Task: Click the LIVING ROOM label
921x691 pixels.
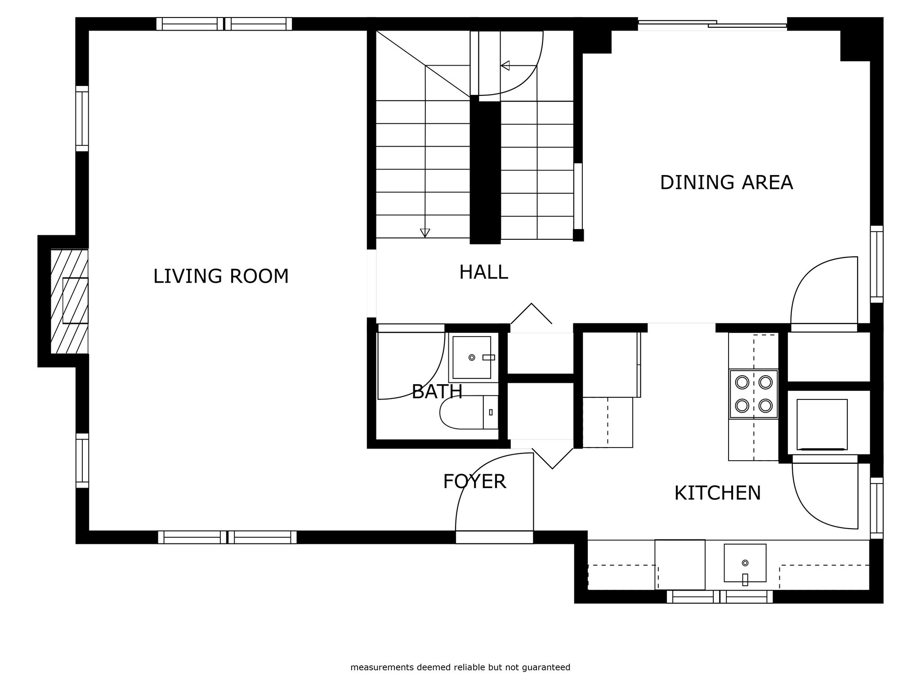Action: click(221, 276)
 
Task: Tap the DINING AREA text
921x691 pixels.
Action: click(726, 183)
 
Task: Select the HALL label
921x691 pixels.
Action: click(483, 272)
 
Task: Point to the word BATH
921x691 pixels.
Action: click(437, 391)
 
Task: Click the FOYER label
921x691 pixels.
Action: click(474, 481)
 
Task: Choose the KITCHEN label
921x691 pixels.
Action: click(717, 493)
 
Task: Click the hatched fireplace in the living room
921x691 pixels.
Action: click(69, 301)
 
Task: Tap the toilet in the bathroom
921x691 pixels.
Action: click(469, 412)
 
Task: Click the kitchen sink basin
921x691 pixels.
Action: click(745, 563)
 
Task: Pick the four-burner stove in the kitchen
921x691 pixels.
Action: click(753, 394)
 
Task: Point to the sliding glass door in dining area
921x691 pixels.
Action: click(712, 24)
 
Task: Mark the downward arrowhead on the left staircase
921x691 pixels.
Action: click(425, 233)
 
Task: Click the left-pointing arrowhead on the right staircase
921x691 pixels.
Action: click(505, 66)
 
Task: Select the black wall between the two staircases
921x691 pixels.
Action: click(485, 171)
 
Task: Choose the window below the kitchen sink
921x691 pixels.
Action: click(720, 597)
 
